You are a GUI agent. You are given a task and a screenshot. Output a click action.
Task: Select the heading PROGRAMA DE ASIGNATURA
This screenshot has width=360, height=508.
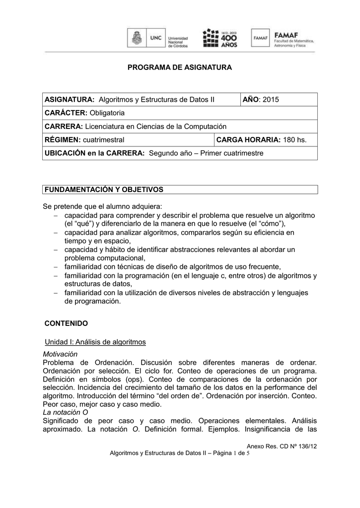tap(180, 67)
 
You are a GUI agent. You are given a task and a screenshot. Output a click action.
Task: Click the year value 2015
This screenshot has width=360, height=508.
tap(271, 100)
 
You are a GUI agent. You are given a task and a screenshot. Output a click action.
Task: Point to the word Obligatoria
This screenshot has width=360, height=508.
tap(107, 113)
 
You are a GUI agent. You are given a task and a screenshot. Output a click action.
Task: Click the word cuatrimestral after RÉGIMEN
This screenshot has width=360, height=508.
tap(103, 140)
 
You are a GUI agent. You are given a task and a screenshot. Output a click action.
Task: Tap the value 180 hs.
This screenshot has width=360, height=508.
tap(295, 140)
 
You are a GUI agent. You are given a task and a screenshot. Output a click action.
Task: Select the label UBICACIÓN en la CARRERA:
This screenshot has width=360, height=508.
tap(95, 153)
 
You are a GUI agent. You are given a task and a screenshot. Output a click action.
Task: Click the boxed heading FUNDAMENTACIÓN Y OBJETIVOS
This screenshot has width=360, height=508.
tap(104, 190)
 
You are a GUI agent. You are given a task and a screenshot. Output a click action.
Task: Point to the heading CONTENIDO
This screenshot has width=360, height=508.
tap(67, 323)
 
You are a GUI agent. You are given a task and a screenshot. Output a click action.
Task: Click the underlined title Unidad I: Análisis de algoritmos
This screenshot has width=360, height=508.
tap(95, 342)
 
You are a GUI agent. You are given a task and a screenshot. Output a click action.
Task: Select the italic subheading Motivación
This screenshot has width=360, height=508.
tap(61, 354)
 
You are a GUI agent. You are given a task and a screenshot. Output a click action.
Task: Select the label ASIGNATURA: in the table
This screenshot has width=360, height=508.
tap(70, 100)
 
